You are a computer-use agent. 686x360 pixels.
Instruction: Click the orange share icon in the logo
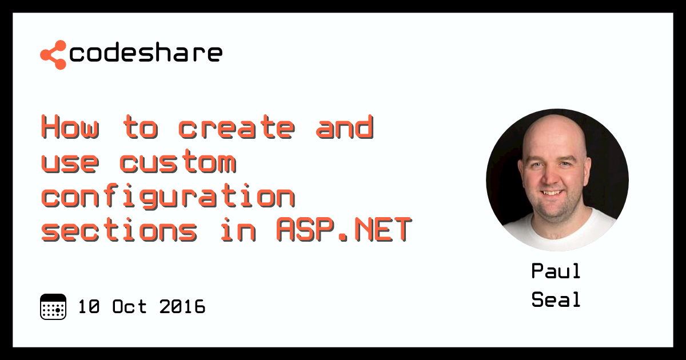(53, 54)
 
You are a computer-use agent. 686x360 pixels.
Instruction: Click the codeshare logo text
(145, 53)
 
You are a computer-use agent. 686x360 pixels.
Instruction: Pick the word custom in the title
(178, 162)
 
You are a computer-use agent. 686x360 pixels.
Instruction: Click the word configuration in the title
(168, 197)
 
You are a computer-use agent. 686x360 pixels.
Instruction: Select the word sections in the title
(119, 231)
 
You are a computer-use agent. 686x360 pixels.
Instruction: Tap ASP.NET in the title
(344, 231)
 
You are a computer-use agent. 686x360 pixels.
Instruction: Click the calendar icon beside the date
(53, 307)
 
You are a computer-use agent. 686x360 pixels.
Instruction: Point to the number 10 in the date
(89, 307)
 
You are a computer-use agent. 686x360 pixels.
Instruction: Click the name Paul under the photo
(556, 271)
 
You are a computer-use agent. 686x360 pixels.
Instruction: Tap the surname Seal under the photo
(556, 299)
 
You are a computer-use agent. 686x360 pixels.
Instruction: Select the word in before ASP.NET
(237, 231)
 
